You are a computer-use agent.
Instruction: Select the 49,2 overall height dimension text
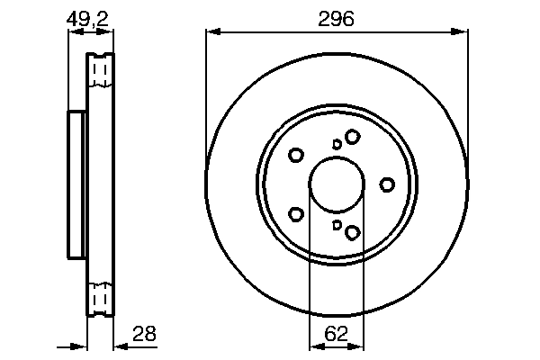(91, 18)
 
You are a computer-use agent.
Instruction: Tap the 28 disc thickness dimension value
(144, 333)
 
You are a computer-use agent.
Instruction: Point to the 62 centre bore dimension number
(336, 333)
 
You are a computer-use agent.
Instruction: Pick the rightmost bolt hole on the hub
(387, 184)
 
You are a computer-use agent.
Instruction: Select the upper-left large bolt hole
(295, 155)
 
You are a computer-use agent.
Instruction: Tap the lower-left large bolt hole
(295, 214)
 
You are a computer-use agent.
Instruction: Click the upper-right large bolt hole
(352, 136)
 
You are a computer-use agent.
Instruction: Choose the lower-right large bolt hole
(352, 233)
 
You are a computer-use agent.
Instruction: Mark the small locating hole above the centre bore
(337, 144)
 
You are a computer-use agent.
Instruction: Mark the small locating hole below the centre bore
(337, 225)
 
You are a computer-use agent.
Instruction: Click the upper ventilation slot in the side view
(101, 70)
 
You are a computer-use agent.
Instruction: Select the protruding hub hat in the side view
(76, 184)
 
